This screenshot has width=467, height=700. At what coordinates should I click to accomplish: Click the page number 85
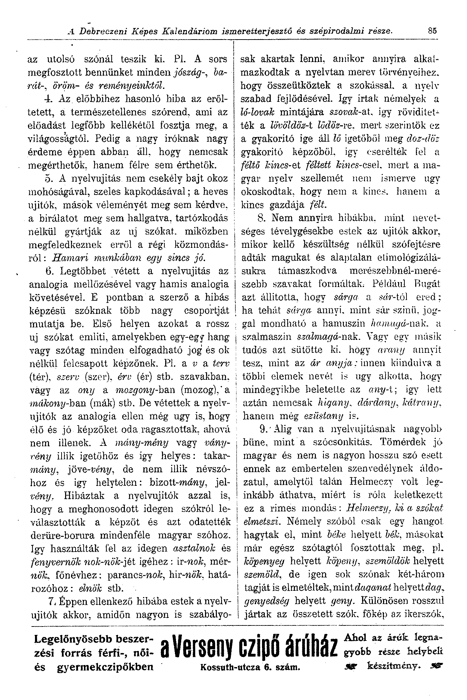(433, 31)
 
